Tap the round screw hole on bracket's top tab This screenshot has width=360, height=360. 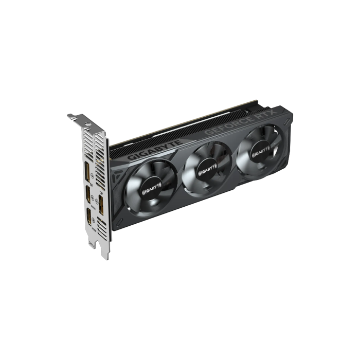pyautogui.click(x=77, y=119)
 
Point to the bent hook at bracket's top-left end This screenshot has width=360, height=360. pyautogui.click(x=70, y=117)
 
